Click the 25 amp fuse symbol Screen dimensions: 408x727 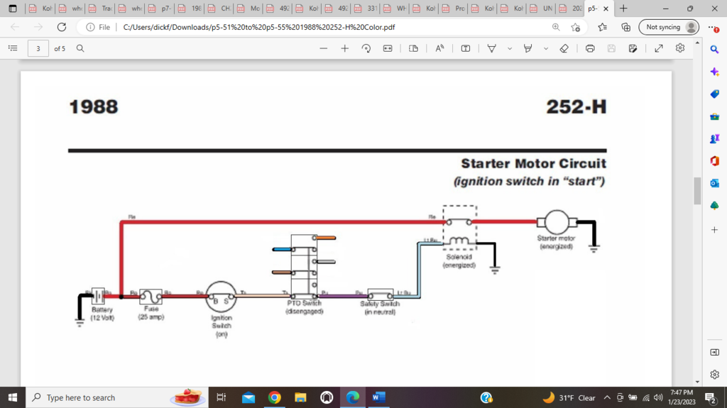click(151, 296)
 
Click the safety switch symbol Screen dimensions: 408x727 click(381, 294)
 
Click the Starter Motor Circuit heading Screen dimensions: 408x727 click(533, 164)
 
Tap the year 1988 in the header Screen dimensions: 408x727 click(93, 107)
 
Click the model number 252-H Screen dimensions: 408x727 click(576, 107)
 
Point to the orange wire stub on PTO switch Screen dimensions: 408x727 click(325, 237)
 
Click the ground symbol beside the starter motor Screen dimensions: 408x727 click(594, 248)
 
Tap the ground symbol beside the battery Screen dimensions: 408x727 click(80, 321)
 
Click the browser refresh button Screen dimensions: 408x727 click(62, 27)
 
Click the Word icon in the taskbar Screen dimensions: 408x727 click(378, 397)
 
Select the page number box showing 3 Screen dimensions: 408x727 click(38, 48)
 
